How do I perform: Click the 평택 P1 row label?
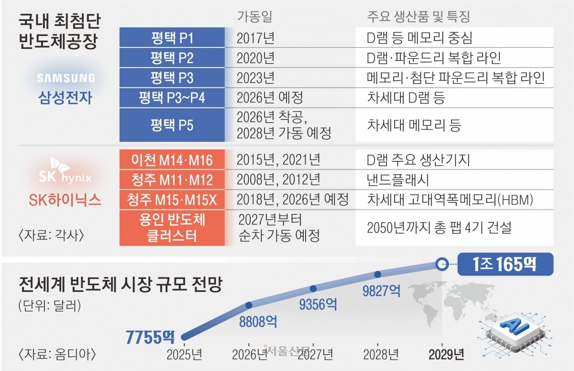point(172,38)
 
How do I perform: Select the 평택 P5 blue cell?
point(172,125)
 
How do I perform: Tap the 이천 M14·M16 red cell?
point(172,159)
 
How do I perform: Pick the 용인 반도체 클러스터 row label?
point(172,228)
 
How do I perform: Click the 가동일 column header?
point(255,17)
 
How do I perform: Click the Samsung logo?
point(66,78)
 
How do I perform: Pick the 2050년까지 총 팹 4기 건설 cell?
point(439,227)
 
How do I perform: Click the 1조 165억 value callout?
point(505,264)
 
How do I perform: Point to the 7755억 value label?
point(150,337)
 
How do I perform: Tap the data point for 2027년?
point(313,289)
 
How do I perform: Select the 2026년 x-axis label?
point(249,355)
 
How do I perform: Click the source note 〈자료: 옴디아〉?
point(57,355)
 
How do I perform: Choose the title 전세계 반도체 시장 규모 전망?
point(120,286)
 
